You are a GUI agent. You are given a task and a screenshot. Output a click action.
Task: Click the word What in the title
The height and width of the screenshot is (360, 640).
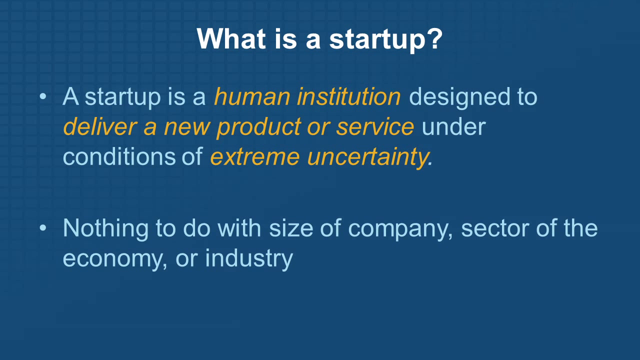231,39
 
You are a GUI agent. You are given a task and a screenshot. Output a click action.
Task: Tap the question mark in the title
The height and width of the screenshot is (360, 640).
435,38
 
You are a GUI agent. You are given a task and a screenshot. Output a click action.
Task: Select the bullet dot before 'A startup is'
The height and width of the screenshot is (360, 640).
43,96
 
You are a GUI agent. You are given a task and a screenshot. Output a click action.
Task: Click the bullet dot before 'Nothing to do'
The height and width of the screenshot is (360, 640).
43,228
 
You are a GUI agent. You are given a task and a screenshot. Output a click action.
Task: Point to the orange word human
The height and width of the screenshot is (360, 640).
252,97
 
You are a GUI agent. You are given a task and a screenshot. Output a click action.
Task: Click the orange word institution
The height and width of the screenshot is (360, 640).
349,96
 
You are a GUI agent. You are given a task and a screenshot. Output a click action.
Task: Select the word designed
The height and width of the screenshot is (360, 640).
459,96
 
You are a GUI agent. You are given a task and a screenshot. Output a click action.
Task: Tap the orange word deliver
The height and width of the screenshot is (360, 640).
100,127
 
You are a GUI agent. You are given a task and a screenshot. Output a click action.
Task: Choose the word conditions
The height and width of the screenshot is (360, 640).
119,157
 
